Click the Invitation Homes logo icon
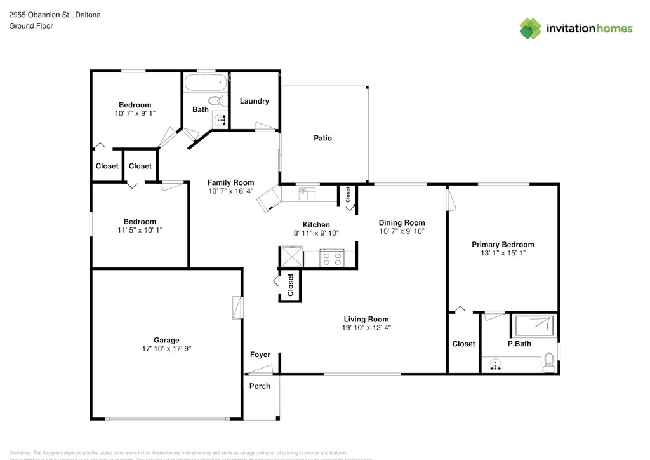pyautogui.click(x=531, y=29)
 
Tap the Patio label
pyautogui.click(x=322, y=138)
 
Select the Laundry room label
pyautogui.click(x=254, y=101)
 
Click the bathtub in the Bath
pyautogui.click(x=205, y=82)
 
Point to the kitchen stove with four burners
pyautogui.click(x=331, y=259)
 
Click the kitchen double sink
pyautogui.click(x=308, y=193)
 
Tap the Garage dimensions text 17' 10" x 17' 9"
pyautogui.click(x=166, y=349)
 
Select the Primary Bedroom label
pyautogui.click(x=503, y=245)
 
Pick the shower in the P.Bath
pyautogui.click(x=534, y=326)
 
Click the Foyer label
pyautogui.click(x=260, y=355)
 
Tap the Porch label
pyautogui.click(x=260, y=386)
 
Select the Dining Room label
pyautogui.click(x=402, y=223)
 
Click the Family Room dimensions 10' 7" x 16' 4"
pyautogui.click(x=230, y=191)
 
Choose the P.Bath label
pyautogui.click(x=519, y=344)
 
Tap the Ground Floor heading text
pyautogui.click(x=30, y=26)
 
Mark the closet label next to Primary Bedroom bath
pyautogui.click(x=463, y=344)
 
